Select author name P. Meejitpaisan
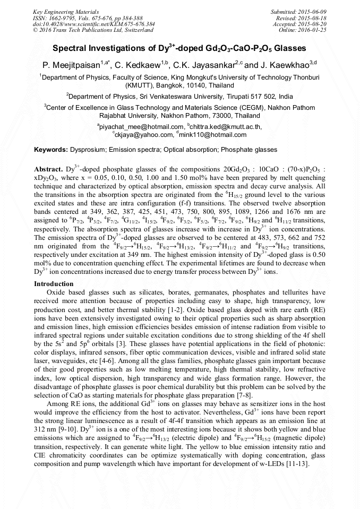tap(73, 65)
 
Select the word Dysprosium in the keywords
tap(89, 150)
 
